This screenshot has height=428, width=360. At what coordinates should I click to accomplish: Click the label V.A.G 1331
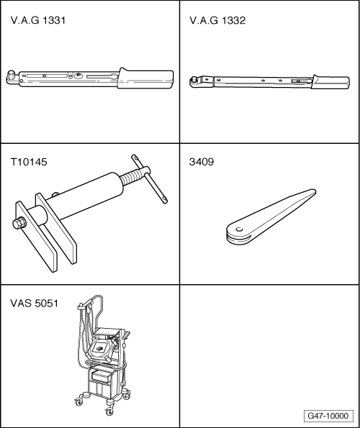pyautogui.click(x=38, y=22)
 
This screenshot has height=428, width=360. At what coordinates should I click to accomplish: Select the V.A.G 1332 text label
pyautogui.click(x=217, y=22)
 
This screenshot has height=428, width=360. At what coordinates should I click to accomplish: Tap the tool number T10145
pyautogui.click(x=28, y=162)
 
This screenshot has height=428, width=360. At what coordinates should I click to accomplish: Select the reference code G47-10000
pyautogui.click(x=327, y=416)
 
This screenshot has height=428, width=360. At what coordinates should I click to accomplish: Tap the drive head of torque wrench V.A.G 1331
pyautogui.click(x=12, y=75)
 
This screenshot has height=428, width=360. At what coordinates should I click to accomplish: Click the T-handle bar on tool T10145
pyautogui.click(x=151, y=180)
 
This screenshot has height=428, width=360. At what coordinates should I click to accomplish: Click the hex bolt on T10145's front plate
pyautogui.click(x=16, y=224)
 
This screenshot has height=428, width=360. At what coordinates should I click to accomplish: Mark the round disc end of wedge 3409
pyautogui.click(x=233, y=232)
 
